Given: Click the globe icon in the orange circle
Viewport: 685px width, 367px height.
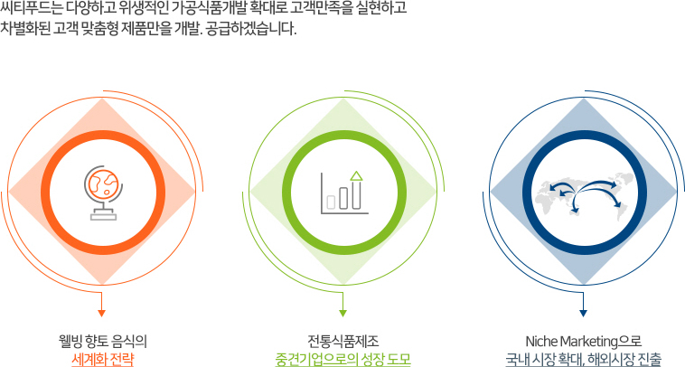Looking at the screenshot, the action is pyautogui.click(x=103, y=193).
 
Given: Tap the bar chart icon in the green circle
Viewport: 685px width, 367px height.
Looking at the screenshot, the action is pyautogui.click(x=344, y=193).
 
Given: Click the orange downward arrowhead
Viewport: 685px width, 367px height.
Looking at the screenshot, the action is pyautogui.click(x=102, y=314).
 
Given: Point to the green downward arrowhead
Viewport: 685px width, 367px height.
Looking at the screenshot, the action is pyautogui.click(x=342, y=314).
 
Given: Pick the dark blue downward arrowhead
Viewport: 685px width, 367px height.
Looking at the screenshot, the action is pyautogui.click(x=583, y=314).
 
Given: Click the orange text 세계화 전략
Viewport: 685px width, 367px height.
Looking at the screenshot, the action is pyautogui.click(x=103, y=359).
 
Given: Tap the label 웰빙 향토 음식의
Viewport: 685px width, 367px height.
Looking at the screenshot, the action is pyautogui.click(x=103, y=341).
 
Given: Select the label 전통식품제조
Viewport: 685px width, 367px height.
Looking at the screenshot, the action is pyautogui.click(x=342, y=341).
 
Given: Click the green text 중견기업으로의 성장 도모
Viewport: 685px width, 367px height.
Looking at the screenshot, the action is pyautogui.click(x=342, y=359).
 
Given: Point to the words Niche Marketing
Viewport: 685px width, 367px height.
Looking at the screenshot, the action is pyautogui.click(x=570, y=341).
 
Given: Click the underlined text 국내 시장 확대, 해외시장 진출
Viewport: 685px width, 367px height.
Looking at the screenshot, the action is pyautogui.click(x=583, y=359).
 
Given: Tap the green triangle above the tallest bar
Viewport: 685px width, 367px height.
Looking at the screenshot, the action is pyautogui.click(x=356, y=175).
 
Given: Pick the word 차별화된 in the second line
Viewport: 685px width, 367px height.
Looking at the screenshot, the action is pyautogui.click(x=25, y=29).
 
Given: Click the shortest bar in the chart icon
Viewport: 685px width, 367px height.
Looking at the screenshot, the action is pyautogui.click(x=331, y=202).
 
